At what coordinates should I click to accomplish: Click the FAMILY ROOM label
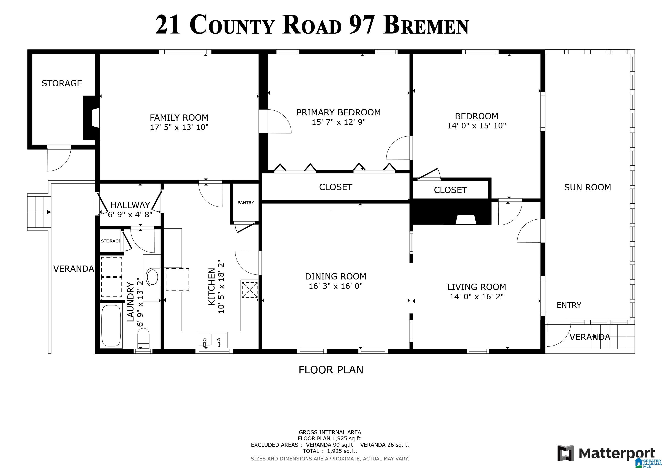click(x=179, y=118)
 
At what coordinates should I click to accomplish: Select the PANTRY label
click(x=246, y=203)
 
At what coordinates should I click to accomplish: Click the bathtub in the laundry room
click(x=111, y=326)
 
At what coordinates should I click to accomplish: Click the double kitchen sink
click(x=212, y=340)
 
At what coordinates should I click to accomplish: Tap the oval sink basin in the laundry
click(x=152, y=277)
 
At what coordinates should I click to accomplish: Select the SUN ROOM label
click(x=587, y=187)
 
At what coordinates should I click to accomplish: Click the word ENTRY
click(x=569, y=305)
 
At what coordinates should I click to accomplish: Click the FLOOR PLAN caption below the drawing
click(x=331, y=370)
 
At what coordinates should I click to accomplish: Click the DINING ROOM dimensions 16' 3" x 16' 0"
click(x=335, y=286)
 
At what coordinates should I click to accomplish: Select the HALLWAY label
click(x=130, y=205)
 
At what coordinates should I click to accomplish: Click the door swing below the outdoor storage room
click(x=58, y=160)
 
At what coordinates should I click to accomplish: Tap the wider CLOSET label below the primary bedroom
click(x=335, y=187)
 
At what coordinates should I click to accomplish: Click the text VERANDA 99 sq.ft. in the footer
click(x=330, y=445)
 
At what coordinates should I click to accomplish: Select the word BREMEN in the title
click(x=426, y=26)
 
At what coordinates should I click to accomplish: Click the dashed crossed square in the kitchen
click(x=249, y=290)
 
